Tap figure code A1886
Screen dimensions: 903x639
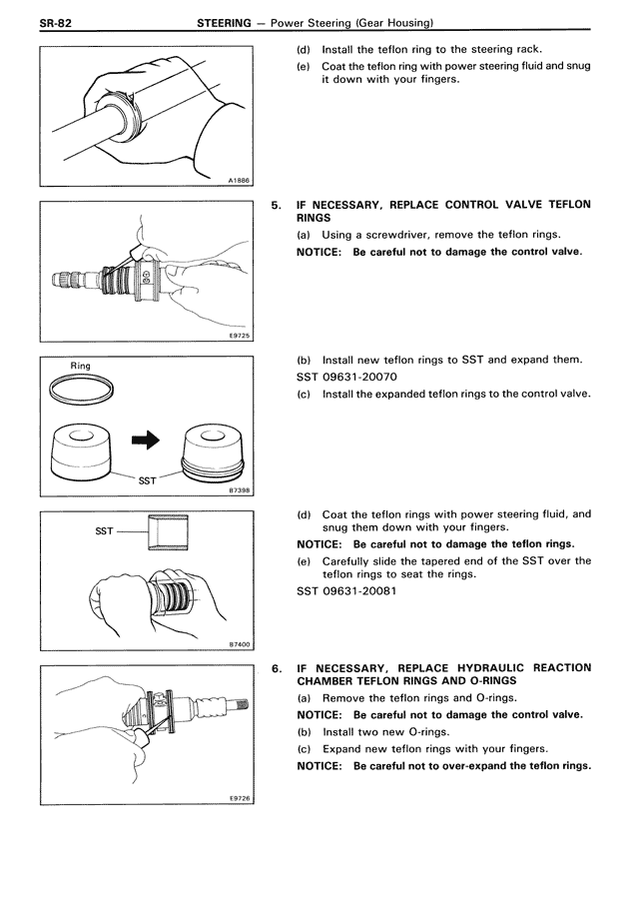click(x=238, y=180)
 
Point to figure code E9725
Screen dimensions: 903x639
click(x=238, y=336)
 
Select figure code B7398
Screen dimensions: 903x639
click(x=238, y=491)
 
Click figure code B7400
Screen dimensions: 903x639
click(x=238, y=644)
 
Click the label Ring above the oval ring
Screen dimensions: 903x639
click(x=80, y=367)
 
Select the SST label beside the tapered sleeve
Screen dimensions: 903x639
click(x=104, y=531)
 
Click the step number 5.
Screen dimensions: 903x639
click(x=277, y=205)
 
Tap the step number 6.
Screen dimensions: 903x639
click(x=277, y=667)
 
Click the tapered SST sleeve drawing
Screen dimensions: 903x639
click(x=164, y=531)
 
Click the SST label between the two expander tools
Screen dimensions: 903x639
click(x=147, y=480)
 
